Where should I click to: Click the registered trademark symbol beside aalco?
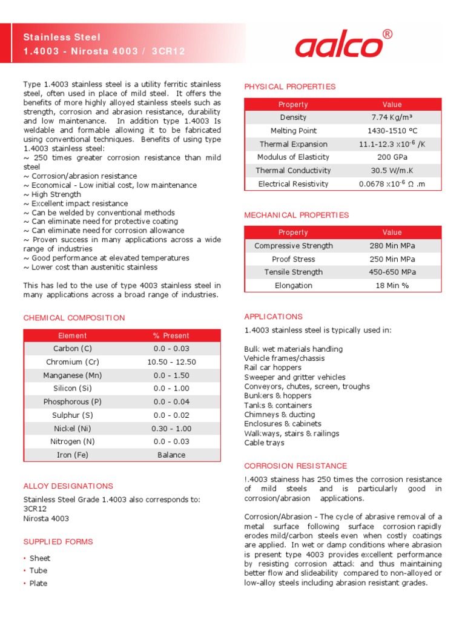point(387,35)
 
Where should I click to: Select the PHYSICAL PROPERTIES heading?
point(289,87)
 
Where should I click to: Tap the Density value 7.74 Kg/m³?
point(392,117)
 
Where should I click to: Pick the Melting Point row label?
point(293,131)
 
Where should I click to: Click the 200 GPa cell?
point(392,157)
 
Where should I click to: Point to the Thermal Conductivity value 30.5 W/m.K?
point(392,171)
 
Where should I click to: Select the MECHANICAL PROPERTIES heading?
point(296,215)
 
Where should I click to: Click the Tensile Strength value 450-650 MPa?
point(392,272)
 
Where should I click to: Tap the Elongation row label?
point(293,286)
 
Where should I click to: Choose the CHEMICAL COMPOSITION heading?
point(74,318)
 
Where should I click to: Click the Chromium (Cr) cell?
point(73,362)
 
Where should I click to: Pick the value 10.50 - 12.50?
point(171,362)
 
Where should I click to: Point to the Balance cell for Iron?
point(171,455)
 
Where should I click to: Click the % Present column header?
point(171,335)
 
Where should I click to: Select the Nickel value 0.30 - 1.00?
point(171,428)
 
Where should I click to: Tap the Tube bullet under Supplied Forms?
point(38,570)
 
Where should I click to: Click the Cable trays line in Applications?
point(263,443)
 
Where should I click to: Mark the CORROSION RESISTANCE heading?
point(295,466)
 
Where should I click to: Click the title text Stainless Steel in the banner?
point(62,38)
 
